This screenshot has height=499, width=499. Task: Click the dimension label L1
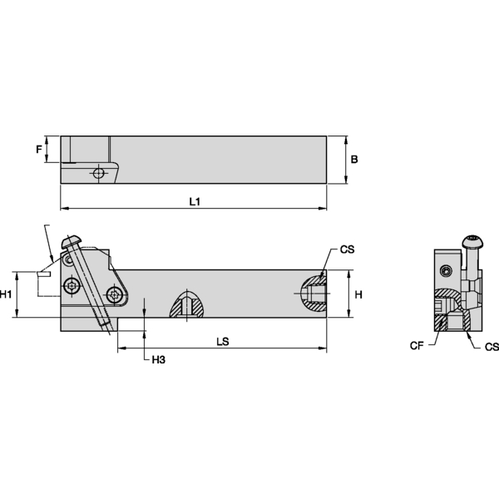tap(194, 202)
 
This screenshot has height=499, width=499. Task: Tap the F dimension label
tap(38, 150)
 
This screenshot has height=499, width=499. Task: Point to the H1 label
tap(7, 294)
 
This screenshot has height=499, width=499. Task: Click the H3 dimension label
tap(157, 359)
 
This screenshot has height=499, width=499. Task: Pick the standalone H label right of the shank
tap(358, 294)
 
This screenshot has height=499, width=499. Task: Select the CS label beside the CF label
tap(492, 346)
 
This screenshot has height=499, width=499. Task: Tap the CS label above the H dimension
tap(348, 249)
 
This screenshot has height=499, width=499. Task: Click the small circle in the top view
tap(99, 173)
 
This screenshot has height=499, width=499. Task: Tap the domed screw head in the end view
tap(473, 242)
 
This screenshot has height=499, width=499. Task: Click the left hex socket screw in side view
tap(72, 286)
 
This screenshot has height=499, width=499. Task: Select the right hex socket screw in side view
tap(112, 294)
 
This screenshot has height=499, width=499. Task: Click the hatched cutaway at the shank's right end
tap(314, 293)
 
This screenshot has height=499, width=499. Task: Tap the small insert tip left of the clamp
tap(43, 272)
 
